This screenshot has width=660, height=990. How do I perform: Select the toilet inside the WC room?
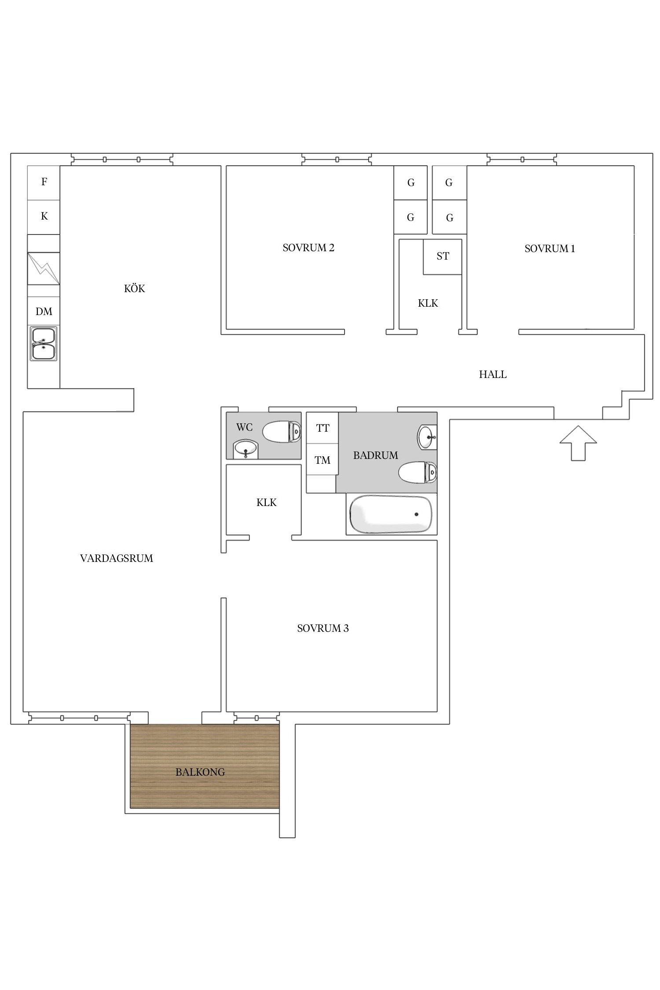(x=282, y=431)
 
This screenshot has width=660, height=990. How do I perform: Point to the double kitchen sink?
(x=43, y=343)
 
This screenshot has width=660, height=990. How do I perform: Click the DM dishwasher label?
(x=44, y=312)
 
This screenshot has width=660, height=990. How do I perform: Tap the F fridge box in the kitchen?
(x=44, y=183)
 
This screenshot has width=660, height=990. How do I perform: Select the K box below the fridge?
(x=44, y=217)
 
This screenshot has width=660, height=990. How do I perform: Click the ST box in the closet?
(x=443, y=257)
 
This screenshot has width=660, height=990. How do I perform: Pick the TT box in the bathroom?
(x=323, y=428)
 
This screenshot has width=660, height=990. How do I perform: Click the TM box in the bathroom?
(x=323, y=460)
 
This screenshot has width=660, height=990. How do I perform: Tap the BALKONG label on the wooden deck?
(x=200, y=772)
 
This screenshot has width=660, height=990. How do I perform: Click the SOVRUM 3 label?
(x=323, y=628)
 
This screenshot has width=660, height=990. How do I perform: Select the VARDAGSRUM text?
(x=117, y=558)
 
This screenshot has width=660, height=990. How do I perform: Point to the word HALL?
(x=493, y=374)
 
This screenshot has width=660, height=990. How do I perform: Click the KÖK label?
(x=135, y=289)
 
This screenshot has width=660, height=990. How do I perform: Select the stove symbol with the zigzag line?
(x=44, y=268)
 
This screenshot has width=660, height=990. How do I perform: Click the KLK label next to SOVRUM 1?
(x=428, y=303)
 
